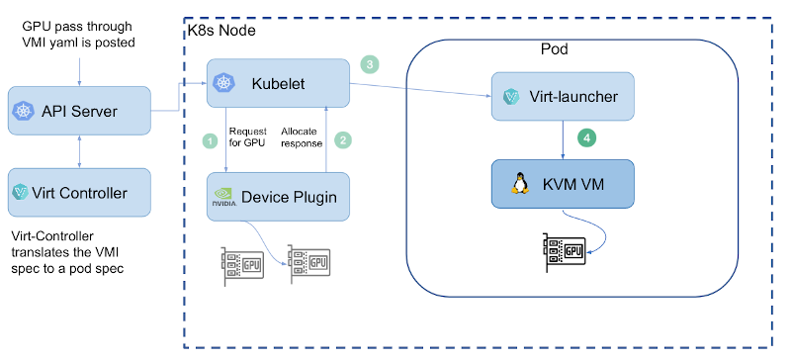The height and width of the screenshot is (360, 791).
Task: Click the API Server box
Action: [79, 112]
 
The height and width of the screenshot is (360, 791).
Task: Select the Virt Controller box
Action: [79, 193]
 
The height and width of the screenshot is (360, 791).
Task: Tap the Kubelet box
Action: [280, 83]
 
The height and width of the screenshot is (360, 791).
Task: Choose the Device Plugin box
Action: [280, 197]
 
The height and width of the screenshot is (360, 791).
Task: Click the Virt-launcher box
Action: [562, 97]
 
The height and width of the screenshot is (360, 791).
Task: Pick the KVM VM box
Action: [562, 185]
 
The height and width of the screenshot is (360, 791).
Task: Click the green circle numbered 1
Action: [210, 140]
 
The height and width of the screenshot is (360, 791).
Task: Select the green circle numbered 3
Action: [370, 64]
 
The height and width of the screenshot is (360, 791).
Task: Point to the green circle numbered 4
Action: [586, 138]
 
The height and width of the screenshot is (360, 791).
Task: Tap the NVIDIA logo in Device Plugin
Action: [223, 198]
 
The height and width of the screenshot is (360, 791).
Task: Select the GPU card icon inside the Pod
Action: [565, 251]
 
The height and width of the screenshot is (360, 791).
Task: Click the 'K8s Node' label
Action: [221, 31]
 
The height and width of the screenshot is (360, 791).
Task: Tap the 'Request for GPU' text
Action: [247, 136]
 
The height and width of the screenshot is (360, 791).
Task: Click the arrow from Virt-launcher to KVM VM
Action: [564, 138]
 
